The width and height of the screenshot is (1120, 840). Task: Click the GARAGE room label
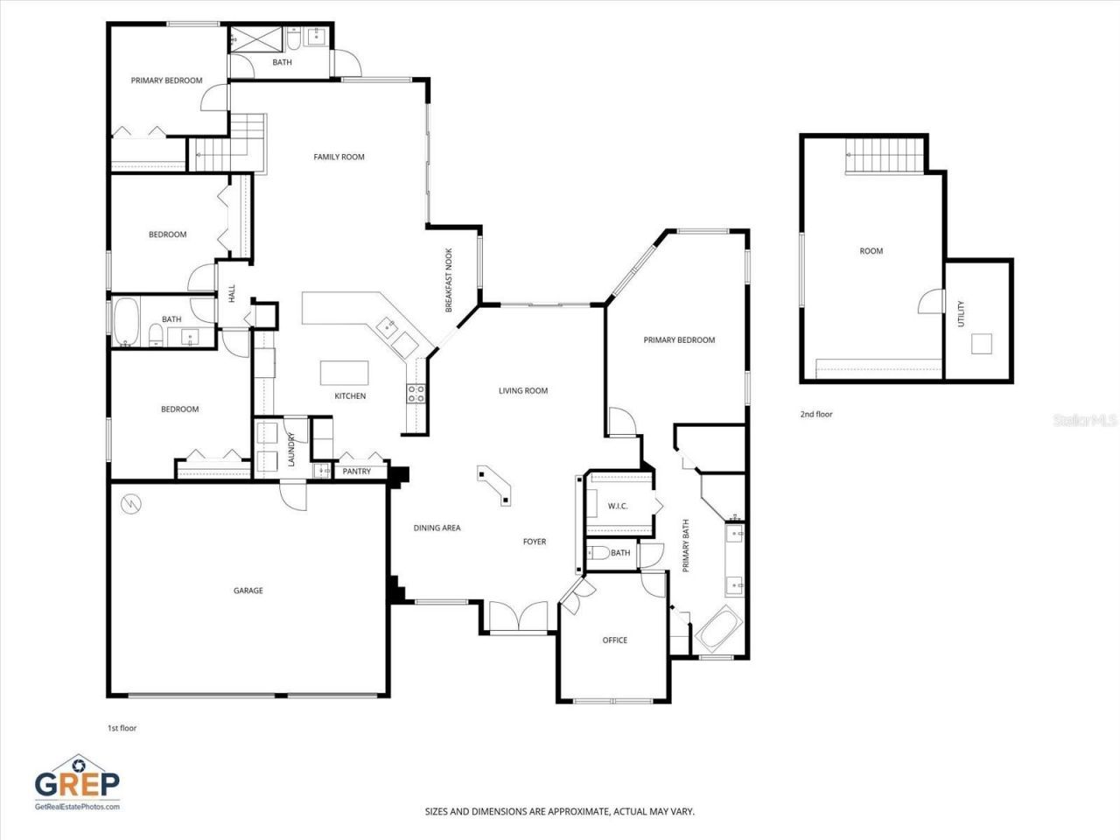248,591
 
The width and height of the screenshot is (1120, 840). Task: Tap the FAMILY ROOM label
339,157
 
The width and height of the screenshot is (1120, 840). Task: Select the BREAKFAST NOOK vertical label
449,280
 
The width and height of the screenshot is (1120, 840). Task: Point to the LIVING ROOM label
523,391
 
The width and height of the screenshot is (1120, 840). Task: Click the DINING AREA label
437,528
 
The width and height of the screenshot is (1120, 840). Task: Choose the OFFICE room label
614,640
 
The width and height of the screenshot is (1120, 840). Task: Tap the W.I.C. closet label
618,507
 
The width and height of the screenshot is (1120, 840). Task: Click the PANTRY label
357,472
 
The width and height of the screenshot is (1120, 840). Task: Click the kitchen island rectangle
344,373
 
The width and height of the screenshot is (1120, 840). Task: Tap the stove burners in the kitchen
415,394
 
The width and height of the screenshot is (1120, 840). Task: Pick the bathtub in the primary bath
719,627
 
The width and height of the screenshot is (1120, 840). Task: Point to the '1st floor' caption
122,728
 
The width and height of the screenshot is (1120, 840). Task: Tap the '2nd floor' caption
816,415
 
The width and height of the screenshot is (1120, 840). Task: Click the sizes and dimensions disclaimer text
560,812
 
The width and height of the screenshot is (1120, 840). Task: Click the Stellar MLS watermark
1085,421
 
